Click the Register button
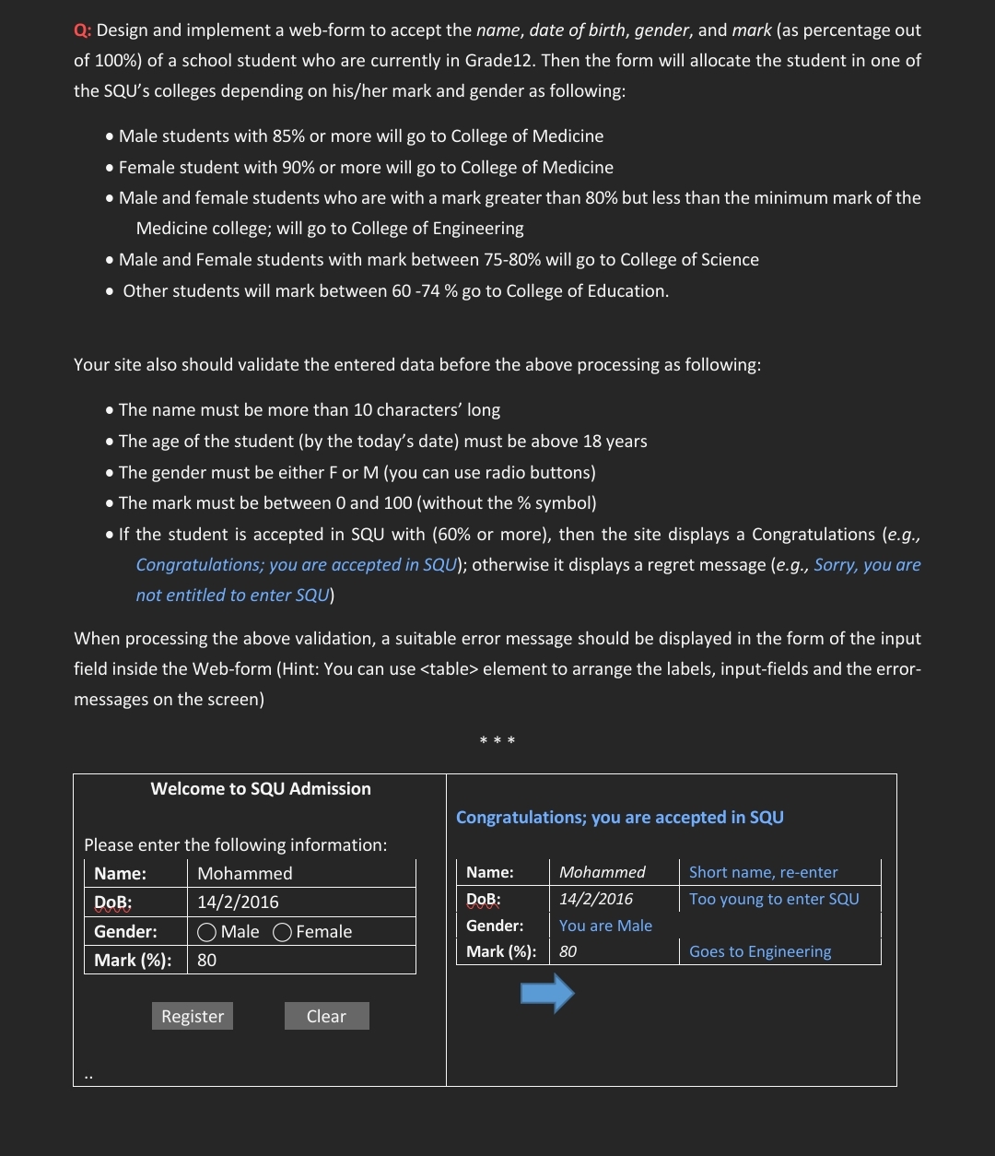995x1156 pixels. click(x=193, y=1016)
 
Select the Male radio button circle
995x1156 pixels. click(x=207, y=932)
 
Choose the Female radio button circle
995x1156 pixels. click(x=283, y=932)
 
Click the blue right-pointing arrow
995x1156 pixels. click(x=547, y=994)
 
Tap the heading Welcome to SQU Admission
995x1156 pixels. click(x=261, y=788)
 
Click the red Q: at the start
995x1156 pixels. click(x=83, y=30)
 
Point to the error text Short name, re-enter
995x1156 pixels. click(x=763, y=872)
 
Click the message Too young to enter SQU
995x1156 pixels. click(x=774, y=899)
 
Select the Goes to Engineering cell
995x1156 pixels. click(x=760, y=951)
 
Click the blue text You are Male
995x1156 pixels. click(x=605, y=926)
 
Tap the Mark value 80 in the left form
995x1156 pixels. click(x=207, y=960)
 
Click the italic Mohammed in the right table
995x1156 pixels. click(x=603, y=872)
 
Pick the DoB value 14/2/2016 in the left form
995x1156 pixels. click(x=238, y=902)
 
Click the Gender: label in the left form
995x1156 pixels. click(x=125, y=931)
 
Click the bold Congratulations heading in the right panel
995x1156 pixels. click(x=620, y=818)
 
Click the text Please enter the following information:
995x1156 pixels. click(x=236, y=844)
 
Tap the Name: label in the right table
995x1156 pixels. click(x=490, y=872)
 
